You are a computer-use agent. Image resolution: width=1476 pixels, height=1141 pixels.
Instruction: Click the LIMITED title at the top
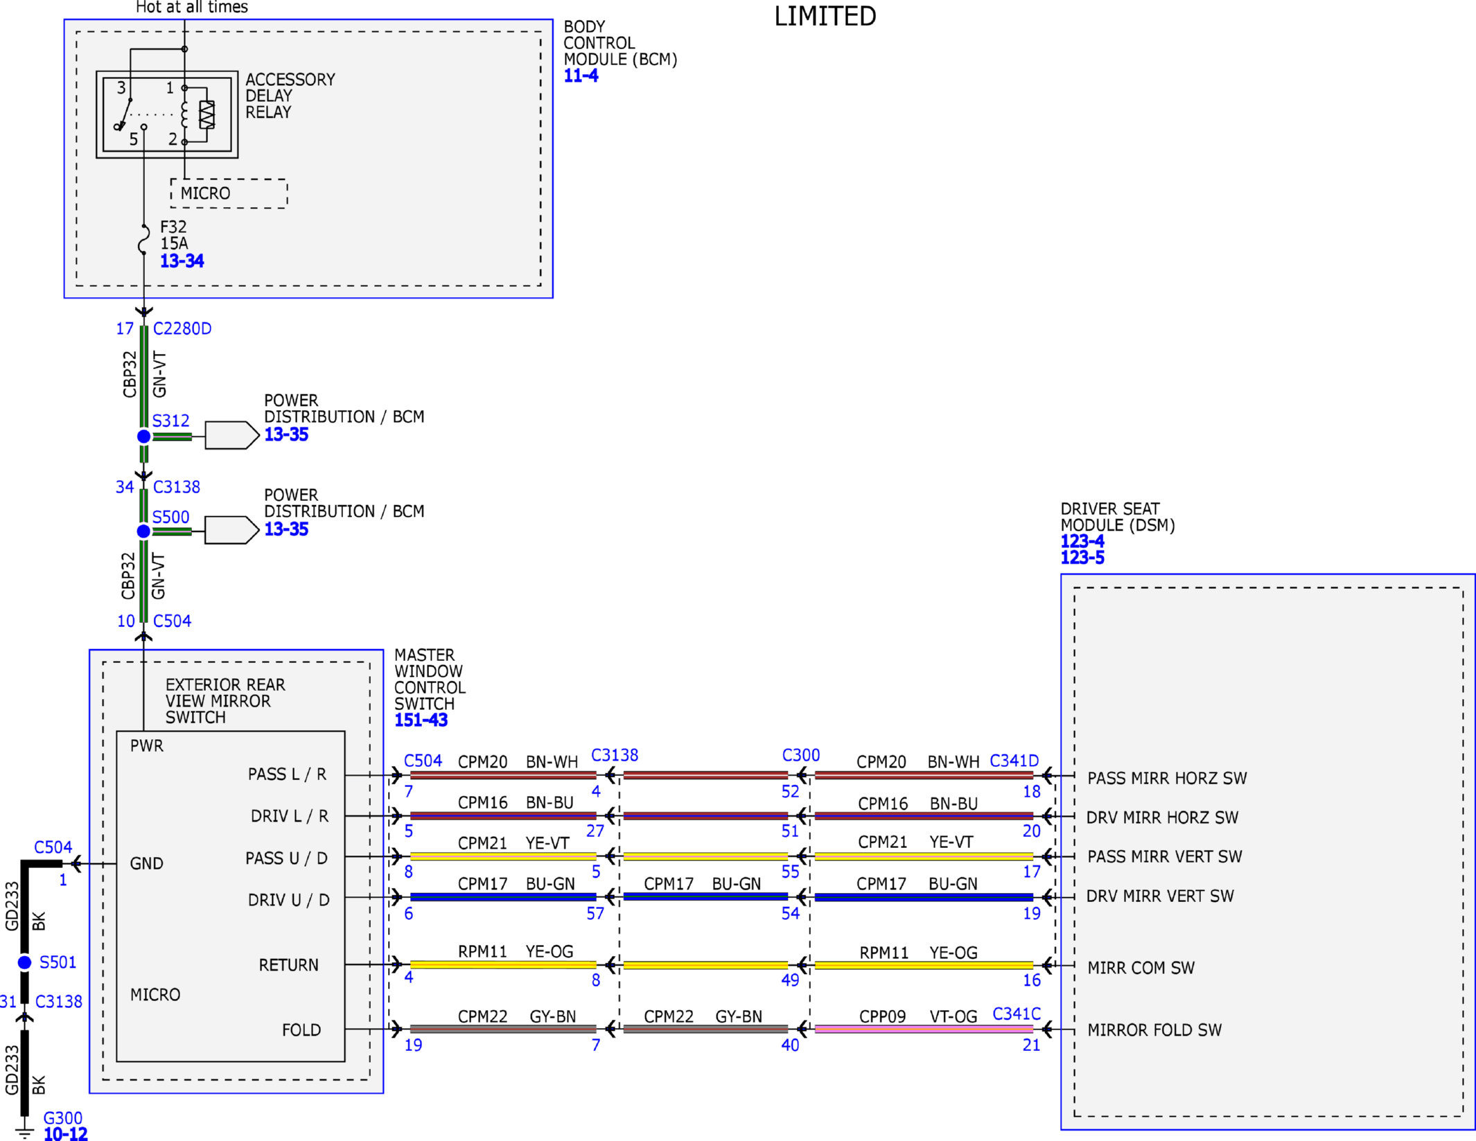(825, 16)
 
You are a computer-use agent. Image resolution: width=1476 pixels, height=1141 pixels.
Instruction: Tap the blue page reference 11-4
(581, 76)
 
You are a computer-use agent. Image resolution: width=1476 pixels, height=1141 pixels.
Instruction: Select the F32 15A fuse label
(174, 235)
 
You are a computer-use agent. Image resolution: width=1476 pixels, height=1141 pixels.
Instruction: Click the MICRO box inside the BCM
(229, 193)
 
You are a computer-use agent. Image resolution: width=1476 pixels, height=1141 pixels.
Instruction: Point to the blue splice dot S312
(143, 436)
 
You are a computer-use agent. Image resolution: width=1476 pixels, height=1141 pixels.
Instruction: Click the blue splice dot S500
(143, 531)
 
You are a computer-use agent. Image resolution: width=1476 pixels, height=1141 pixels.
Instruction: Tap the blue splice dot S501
(25, 962)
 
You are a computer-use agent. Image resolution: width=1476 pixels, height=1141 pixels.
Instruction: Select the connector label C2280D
(182, 328)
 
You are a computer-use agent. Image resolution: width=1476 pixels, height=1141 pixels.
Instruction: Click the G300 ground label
(63, 1117)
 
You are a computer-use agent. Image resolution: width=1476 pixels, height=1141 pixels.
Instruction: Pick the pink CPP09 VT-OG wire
(924, 1029)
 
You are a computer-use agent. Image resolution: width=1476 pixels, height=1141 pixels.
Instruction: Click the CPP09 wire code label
(882, 1016)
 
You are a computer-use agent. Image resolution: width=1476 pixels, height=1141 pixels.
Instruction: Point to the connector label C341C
(1017, 1014)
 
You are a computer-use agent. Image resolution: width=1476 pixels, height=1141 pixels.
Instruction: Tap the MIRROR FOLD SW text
(1154, 1030)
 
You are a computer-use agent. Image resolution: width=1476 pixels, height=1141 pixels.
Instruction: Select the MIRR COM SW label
(1141, 968)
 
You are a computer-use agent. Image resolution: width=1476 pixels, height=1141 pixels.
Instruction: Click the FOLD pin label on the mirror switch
(301, 1030)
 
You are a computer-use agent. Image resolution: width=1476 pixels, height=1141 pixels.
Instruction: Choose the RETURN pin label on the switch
(289, 965)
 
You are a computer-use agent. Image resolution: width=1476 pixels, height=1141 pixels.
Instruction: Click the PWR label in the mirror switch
(147, 745)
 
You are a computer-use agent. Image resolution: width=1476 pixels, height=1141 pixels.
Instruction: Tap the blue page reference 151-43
(421, 720)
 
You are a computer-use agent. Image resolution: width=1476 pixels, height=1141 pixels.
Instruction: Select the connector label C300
(801, 755)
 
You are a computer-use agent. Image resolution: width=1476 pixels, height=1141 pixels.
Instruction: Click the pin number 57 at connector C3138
(595, 913)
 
